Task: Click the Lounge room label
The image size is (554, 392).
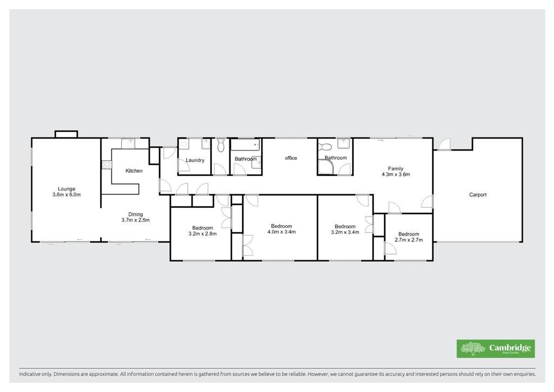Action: tap(67, 189)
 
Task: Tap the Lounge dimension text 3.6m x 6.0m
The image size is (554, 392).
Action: tap(67, 194)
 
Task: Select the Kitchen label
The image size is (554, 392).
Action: tap(134, 171)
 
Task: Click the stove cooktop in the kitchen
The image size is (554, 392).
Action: tap(107, 165)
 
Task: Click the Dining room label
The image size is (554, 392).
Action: tap(135, 214)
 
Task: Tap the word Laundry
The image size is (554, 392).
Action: tap(195, 160)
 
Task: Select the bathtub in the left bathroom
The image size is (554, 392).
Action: tap(246, 145)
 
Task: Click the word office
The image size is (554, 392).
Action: tap(291, 158)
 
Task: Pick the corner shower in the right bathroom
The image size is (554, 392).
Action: tap(325, 167)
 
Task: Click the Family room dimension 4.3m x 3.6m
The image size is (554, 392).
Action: tap(395, 174)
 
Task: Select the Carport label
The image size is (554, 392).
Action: tap(478, 195)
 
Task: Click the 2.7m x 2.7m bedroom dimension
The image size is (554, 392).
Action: tap(409, 240)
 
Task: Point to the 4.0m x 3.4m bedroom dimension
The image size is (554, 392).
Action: tap(281, 232)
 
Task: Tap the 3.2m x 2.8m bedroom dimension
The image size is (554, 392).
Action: tap(202, 234)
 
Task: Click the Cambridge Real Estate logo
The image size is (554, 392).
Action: tap(496, 349)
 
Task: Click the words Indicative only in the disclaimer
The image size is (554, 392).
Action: tap(35, 374)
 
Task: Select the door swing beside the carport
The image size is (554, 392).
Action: tap(445, 143)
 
